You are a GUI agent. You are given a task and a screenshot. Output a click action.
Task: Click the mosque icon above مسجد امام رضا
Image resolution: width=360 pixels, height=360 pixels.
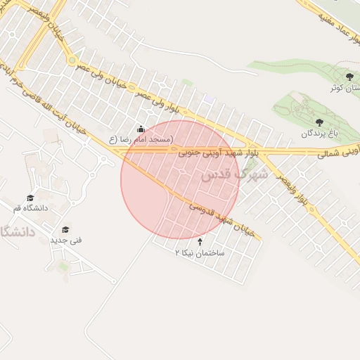pos(141,129)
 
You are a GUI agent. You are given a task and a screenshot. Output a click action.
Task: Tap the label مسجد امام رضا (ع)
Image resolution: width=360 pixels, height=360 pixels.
pos(141,140)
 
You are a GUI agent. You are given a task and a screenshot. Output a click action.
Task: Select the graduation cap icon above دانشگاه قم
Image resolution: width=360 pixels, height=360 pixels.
pos(30,198)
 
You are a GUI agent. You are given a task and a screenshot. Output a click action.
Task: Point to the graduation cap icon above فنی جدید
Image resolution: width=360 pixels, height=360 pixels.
pos(65,229)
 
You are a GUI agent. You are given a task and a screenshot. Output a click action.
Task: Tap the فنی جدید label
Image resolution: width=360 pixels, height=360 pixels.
pos(65,240)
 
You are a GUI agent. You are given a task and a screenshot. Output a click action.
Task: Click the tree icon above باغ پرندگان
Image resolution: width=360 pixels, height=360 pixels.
pos(320,122)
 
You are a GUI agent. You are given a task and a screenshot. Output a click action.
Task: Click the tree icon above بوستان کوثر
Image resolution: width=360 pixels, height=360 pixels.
pos(349,77)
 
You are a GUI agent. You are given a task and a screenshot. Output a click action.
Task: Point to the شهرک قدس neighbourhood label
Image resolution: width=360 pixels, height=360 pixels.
pos(234,174)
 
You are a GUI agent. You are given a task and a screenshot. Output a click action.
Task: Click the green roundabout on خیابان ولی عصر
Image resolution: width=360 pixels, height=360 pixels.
pos(72,60)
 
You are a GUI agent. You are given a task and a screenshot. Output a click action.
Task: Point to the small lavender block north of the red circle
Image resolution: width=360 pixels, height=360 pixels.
pos(208,99)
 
